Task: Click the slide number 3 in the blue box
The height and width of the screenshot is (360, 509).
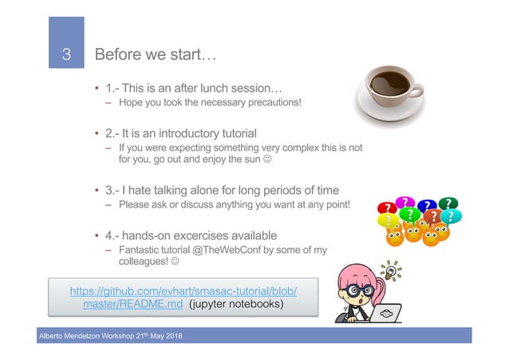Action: pos(67,56)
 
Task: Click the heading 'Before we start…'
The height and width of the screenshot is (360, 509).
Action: pos(156,56)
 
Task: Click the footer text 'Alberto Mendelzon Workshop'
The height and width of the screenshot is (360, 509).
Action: pos(70,338)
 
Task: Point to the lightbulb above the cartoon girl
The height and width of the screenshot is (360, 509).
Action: pos(391,268)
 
